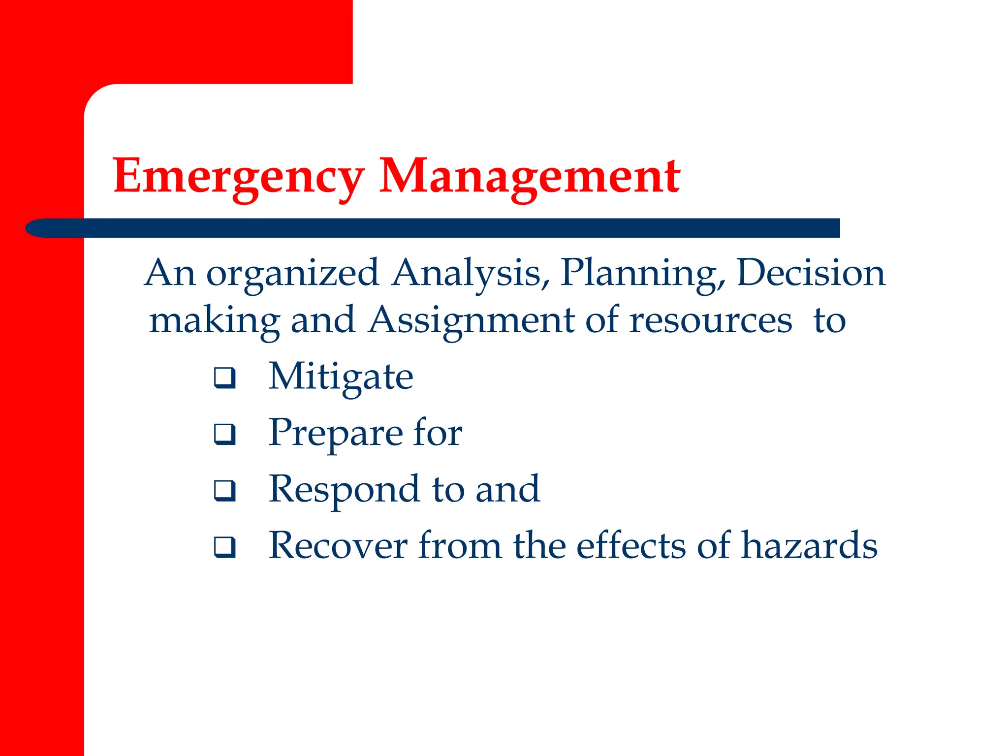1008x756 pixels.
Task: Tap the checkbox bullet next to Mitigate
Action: pos(224,378)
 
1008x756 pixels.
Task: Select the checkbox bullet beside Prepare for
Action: pos(224,434)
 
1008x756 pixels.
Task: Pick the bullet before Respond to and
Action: pos(224,491)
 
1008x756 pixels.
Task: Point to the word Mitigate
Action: pos(341,377)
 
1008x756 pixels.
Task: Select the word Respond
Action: pos(345,490)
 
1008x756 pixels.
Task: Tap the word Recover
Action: pos(338,546)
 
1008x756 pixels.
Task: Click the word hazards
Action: pos(809,545)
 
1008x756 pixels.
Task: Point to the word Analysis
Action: pos(471,274)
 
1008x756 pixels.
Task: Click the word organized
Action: pos(292,274)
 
